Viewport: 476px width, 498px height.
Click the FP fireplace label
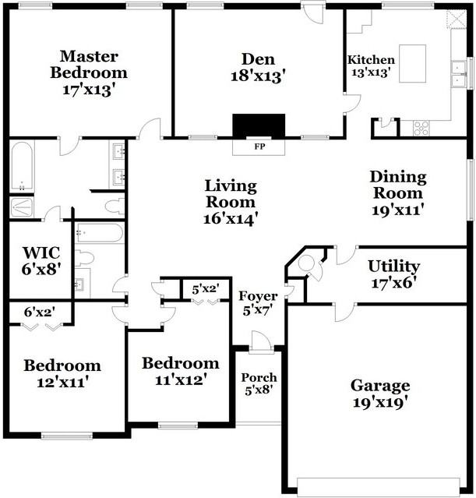[x=259, y=146]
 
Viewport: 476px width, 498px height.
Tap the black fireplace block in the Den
[x=259, y=125]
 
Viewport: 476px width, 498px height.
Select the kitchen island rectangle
[x=413, y=58]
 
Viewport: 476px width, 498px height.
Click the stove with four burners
[x=421, y=127]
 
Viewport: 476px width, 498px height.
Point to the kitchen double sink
[x=461, y=75]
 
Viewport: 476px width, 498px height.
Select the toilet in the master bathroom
[x=114, y=207]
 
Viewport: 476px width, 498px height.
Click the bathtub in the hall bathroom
[x=99, y=233]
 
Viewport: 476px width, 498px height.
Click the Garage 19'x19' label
[x=379, y=394]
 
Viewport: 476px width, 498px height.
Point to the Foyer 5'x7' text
[x=258, y=303]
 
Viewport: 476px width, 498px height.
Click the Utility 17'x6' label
[x=393, y=274]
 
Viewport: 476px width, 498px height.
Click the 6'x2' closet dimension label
[x=40, y=313]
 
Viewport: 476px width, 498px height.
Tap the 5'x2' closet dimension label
[x=206, y=289]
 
